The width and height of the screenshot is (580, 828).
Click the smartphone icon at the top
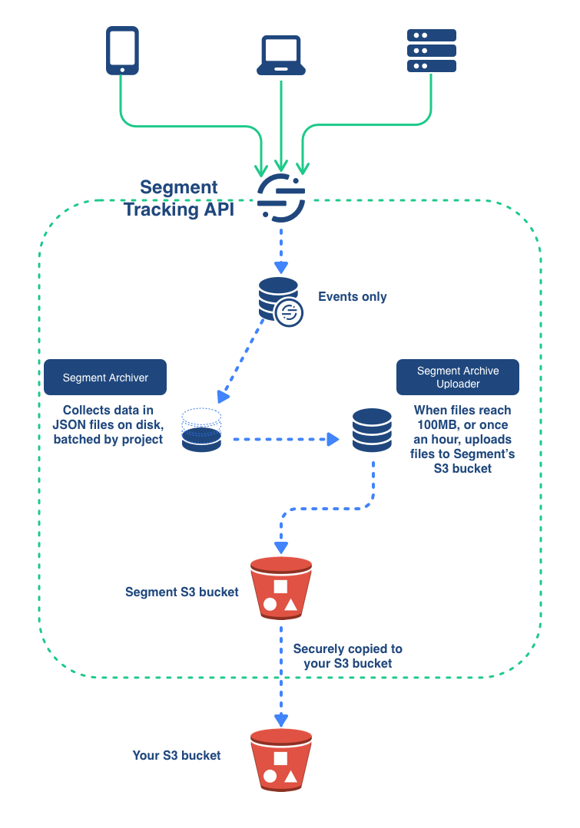point(121,51)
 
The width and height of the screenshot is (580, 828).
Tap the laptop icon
point(282,56)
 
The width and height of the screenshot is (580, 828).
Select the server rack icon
point(431,51)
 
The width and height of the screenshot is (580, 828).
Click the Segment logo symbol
point(281,197)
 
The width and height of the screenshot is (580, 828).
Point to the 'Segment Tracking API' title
point(179,199)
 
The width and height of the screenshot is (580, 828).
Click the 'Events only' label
point(353,297)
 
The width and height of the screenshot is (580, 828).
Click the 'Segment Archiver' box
point(105,378)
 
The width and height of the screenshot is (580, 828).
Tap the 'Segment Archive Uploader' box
point(458,378)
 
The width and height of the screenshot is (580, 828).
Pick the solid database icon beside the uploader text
point(373,430)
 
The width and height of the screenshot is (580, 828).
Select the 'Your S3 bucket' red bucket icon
point(281,760)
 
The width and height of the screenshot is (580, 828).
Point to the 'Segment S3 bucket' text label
point(182,592)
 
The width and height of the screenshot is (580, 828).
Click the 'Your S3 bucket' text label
point(177,756)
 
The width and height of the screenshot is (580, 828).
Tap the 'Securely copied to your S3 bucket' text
point(348,656)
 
